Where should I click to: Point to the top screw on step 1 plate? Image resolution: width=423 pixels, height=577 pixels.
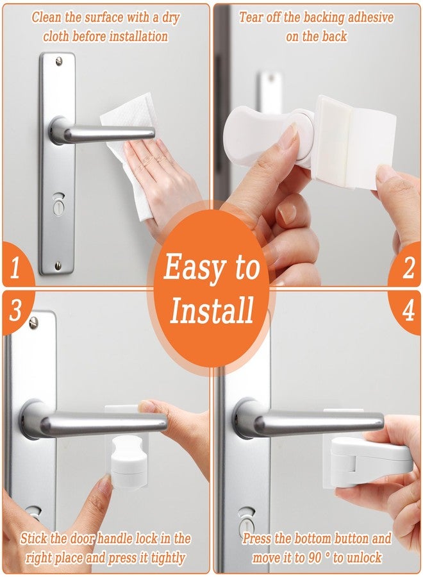point(59,62)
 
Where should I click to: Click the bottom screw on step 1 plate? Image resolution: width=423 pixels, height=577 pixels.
point(58,265)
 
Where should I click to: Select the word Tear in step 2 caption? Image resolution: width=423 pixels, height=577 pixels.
point(254,17)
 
